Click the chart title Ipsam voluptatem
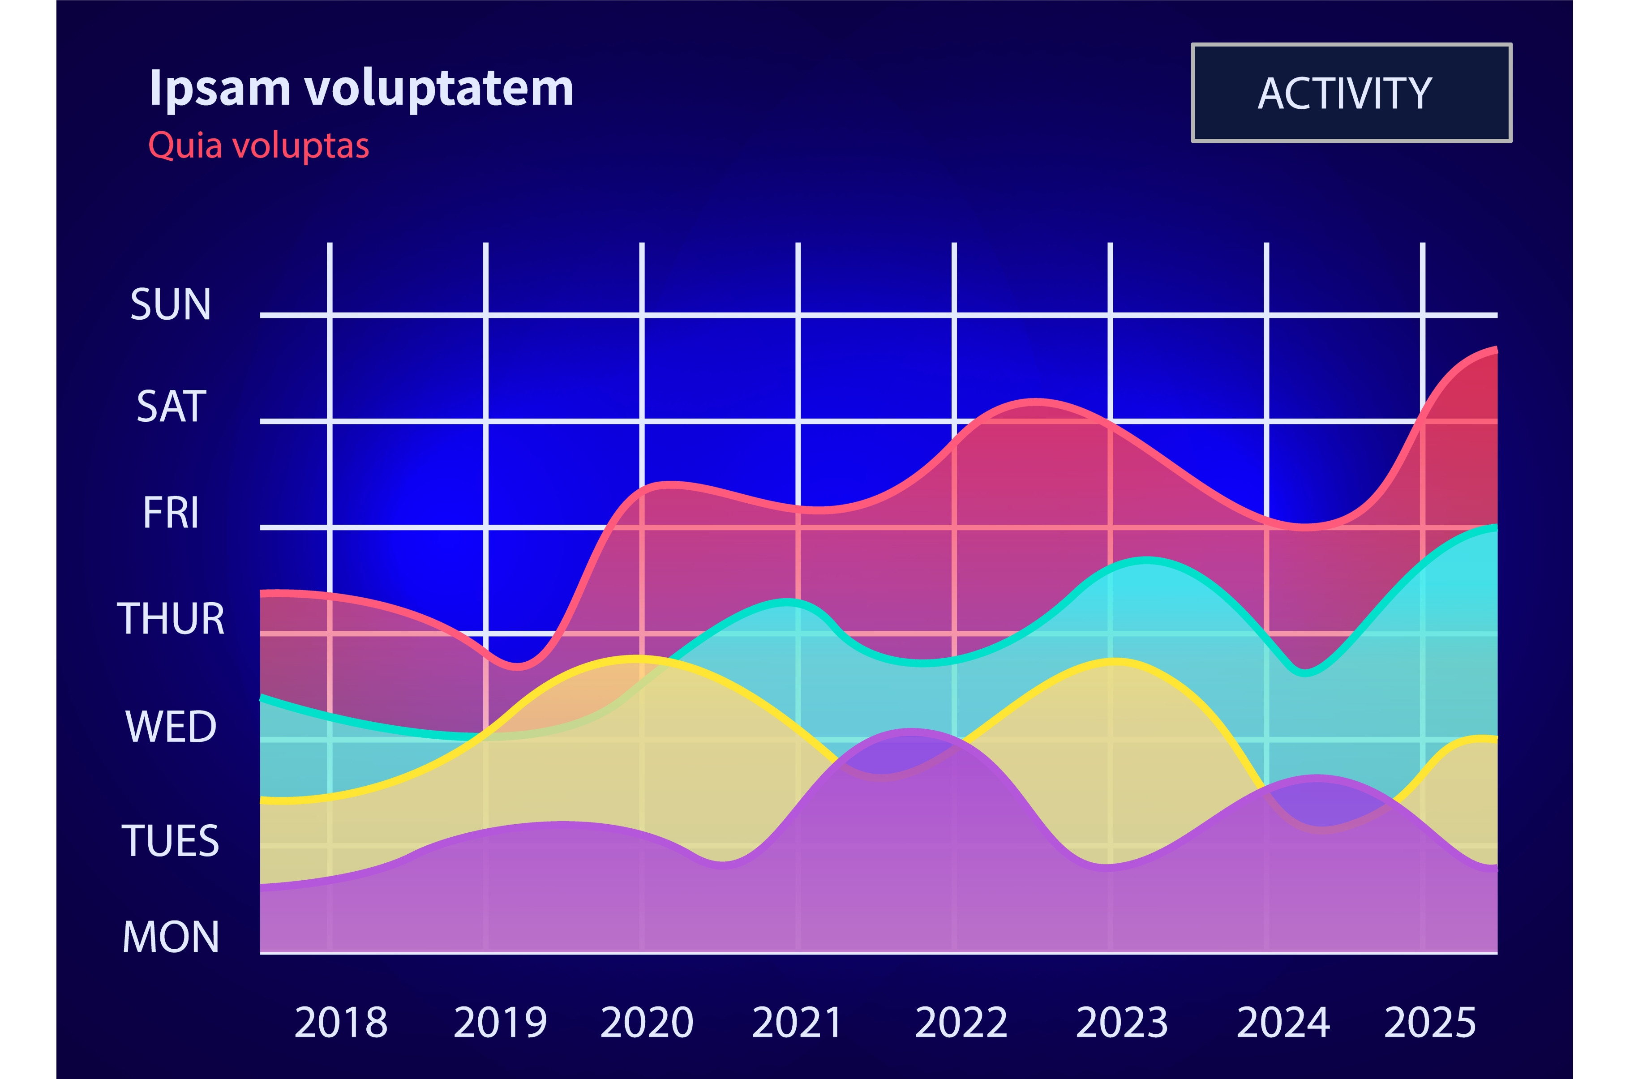tap(361, 88)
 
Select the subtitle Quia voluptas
tap(259, 146)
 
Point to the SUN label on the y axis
tap(171, 304)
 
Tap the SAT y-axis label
tap(172, 407)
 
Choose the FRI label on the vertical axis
tap(171, 513)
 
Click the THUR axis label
tap(171, 619)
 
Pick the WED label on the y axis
tap(171, 727)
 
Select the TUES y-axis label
tap(171, 841)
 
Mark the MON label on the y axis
tap(171, 937)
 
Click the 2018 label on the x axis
tap(341, 1023)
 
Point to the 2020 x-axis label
tap(647, 1023)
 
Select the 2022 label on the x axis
tap(961, 1023)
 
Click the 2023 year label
tap(1122, 1023)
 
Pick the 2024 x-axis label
tap(1283, 1023)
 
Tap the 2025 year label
tap(1430, 1023)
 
